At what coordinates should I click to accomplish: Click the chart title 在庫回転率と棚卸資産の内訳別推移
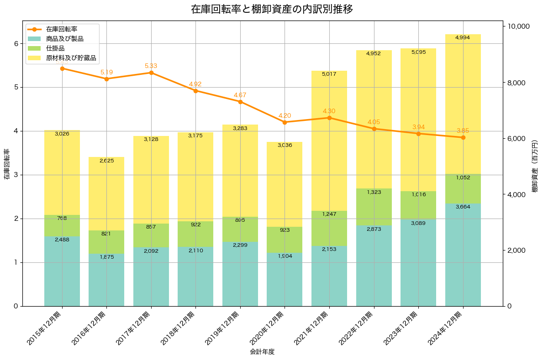(x=271, y=9)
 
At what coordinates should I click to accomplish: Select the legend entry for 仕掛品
(x=55, y=48)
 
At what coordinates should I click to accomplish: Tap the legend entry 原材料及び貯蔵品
(x=71, y=58)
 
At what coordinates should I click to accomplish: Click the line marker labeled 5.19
(x=106, y=79)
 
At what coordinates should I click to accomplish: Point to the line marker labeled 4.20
(x=285, y=122)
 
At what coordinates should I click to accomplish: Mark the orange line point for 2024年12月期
(x=463, y=137)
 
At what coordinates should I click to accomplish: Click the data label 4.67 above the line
(x=240, y=95)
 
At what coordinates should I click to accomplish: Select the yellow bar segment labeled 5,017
(x=329, y=141)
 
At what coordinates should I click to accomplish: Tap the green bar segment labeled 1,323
(x=374, y=207)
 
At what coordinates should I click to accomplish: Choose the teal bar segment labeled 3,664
(x=463, y=255)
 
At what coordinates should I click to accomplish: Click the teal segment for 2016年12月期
(x=106, y=280)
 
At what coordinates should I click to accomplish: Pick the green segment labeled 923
(x=285, y=240)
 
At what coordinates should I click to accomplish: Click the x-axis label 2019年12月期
(x=224, y=328)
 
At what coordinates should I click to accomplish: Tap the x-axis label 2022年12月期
(x=358, y=328)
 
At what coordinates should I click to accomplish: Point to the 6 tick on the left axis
(x=15, y=44)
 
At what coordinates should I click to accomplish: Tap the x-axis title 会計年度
(x=262, y=352)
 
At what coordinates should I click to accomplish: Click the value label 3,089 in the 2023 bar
(x=418, y=223)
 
